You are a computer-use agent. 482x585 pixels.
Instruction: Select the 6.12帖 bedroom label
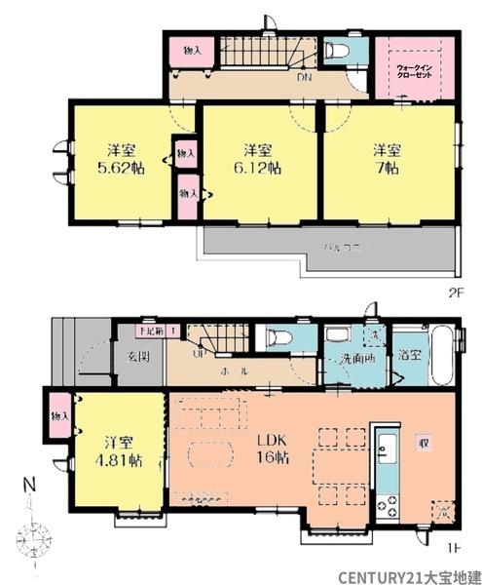coord(257,168)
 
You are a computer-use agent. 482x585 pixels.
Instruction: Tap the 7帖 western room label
coord(385,168)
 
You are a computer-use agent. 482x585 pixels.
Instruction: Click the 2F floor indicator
coord(455,291)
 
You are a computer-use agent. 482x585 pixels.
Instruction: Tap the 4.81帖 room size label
coord(120,449)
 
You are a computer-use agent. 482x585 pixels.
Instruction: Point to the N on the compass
coord(29,485)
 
